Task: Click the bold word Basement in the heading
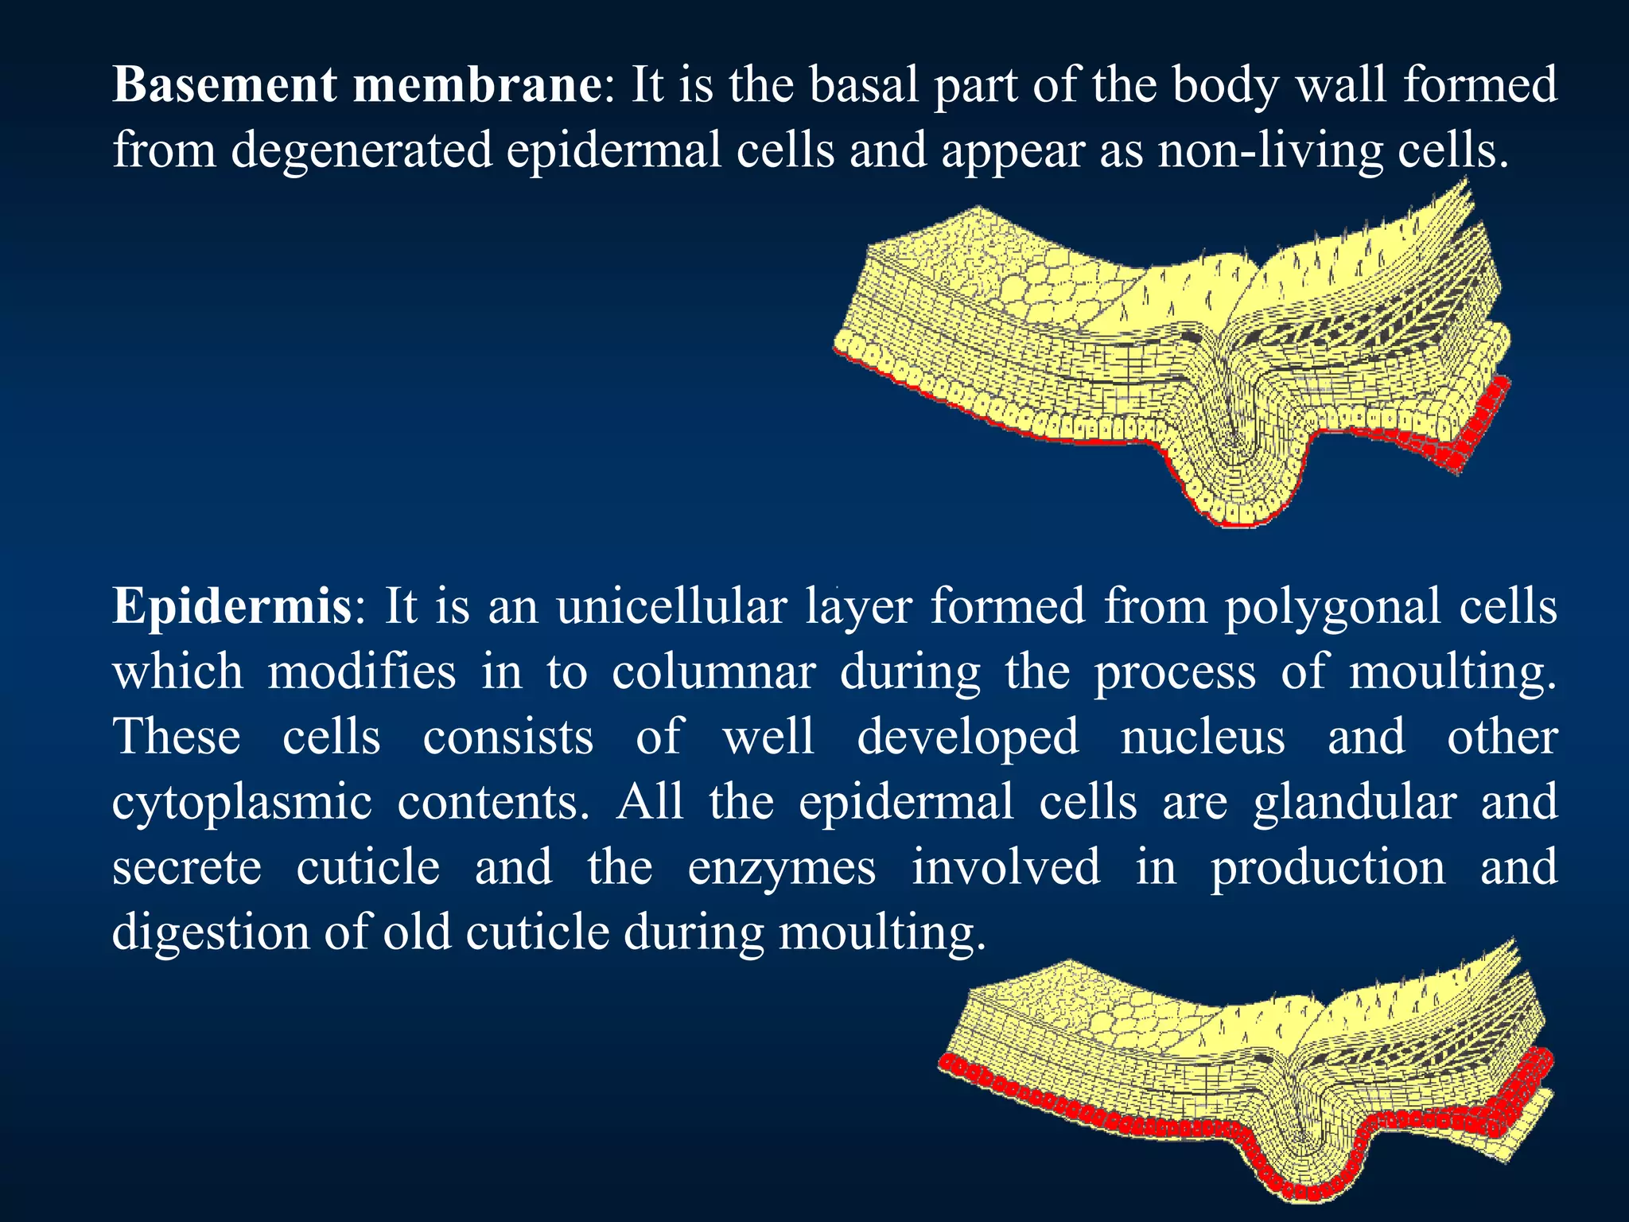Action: pos(225,84)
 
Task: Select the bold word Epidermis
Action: pos(231,607)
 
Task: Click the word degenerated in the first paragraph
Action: pos(362,150)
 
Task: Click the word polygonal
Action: pos(1332,607)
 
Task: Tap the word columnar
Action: pos(713,672)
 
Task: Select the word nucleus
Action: pos(1203,737)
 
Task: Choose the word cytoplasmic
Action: pos(242,803)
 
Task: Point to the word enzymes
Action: pos(781,868)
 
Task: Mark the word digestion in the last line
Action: pos(210,933)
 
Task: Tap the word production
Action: pos(1328,868)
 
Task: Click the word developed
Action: pos(968,737)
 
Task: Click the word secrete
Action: pos(187,868)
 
